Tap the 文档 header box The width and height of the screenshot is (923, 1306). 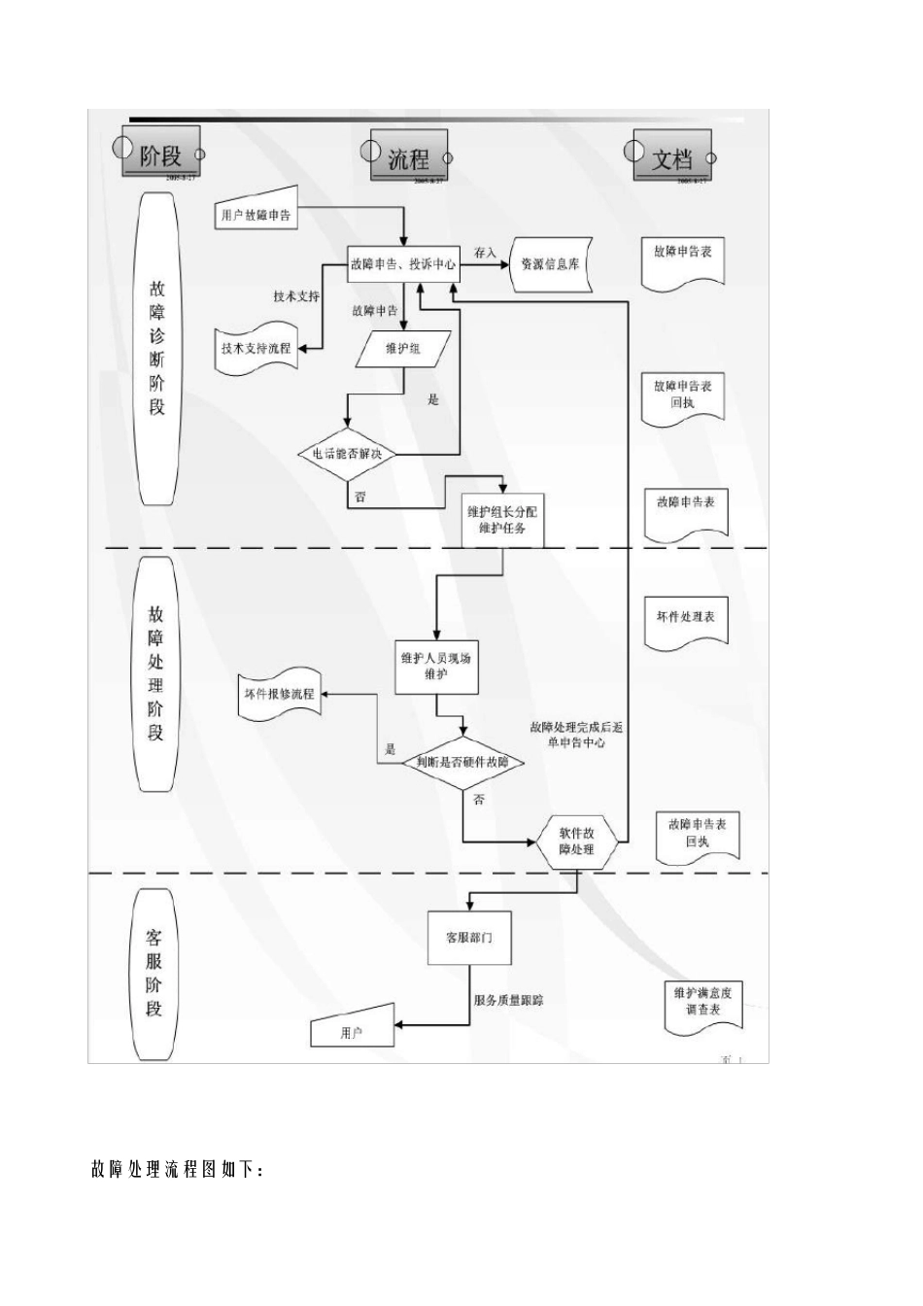[671, 155]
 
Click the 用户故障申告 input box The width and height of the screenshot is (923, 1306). [255, 214]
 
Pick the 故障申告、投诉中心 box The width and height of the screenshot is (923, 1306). [403, 263]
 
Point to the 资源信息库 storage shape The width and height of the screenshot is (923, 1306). [550, 263]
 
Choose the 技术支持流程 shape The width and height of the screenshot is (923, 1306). [256, 348]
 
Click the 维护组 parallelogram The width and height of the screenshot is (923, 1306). [403, 349]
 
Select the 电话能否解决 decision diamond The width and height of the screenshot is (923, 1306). [347, 454]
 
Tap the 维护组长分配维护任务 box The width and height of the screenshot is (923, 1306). [502, 520]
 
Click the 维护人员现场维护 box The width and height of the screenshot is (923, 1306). [436, 667]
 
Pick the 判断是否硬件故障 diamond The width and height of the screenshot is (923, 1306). [462, 762]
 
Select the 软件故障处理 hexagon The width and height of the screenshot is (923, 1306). [578, 842]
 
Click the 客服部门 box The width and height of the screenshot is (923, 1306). [468, 938]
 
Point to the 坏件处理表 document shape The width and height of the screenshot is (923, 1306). [685, 619]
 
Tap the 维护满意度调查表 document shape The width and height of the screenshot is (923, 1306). [702, 1002]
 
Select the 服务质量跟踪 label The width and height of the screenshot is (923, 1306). [508, 999]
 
